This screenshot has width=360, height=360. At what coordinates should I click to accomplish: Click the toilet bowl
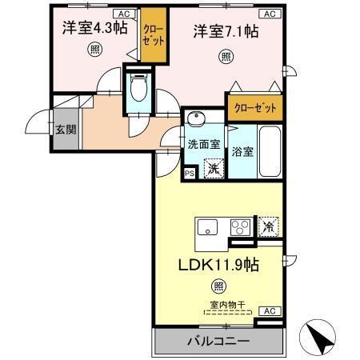click(138, 88)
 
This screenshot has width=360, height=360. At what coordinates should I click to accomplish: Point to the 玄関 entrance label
click(63, 128)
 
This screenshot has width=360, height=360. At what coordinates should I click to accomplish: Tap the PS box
click(190, 172)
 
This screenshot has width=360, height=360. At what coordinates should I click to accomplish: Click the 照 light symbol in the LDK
click(218, 286)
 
